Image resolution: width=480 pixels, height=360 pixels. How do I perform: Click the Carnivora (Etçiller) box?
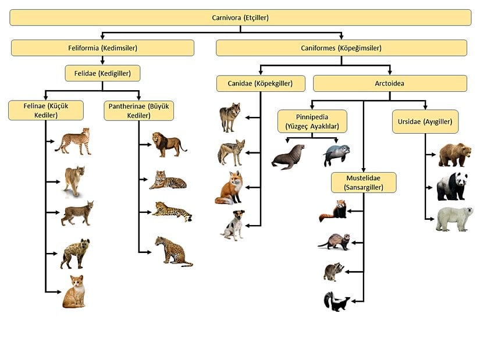240,17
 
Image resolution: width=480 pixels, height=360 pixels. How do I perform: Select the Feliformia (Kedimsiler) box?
102,48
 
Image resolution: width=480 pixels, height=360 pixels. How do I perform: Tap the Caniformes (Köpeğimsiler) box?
341,48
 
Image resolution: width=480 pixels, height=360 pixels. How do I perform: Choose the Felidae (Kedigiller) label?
102,73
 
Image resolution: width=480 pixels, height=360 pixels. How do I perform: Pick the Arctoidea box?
390,83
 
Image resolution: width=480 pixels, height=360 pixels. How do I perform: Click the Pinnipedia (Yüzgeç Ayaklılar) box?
312,121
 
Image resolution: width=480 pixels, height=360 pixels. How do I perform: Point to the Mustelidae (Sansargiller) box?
364,182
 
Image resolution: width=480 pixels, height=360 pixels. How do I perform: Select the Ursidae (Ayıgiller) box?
425,122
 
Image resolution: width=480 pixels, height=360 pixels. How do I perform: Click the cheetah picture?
74,141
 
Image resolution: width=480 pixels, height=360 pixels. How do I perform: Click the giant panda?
453,187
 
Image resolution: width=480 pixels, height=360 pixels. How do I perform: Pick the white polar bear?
454,219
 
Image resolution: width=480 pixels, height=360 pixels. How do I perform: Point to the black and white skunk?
336,302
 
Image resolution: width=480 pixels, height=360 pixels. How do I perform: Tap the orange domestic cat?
74,292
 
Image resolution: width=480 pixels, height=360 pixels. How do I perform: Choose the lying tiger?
168,180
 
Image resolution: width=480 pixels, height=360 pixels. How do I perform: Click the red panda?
333,212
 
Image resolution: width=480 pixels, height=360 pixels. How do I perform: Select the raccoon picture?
334,272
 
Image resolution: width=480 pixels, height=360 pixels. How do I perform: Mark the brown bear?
454,155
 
